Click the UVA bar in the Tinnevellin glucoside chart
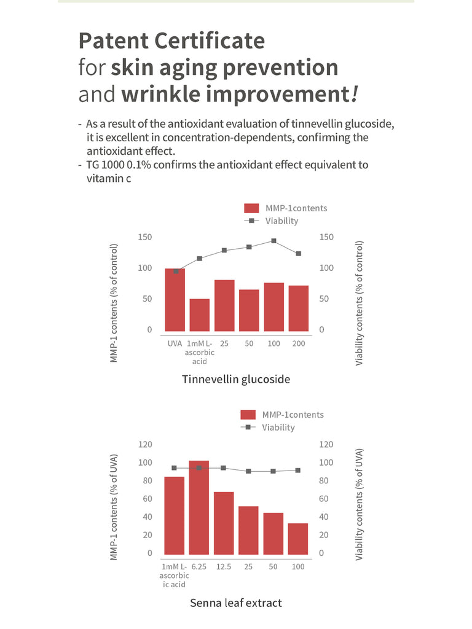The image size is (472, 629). click(x=175, y=300)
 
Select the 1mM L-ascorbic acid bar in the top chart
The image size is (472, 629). click(x=200, y=315)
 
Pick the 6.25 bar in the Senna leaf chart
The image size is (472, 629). click(x=199, y=507)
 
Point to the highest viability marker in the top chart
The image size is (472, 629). click(x=273, y=241)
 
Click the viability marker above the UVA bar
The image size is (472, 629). click(x=176, y=271)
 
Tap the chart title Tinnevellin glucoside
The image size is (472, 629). click(x=236, y=379)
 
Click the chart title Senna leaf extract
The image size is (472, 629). click(x=236, y=603)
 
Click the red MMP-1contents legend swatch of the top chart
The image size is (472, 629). click(x=252, y=208)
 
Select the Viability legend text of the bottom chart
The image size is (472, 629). click(x=278, y=428)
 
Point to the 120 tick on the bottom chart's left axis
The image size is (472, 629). click(x=145, y=444)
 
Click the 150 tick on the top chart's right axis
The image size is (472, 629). click(x=327, y=237)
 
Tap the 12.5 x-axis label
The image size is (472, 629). click(x=224, y=566)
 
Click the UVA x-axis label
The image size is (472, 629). click(x=175, y=343)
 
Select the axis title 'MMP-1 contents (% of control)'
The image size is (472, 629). click(x=114, y=303)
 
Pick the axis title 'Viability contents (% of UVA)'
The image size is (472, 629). click(x=360, y=504)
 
